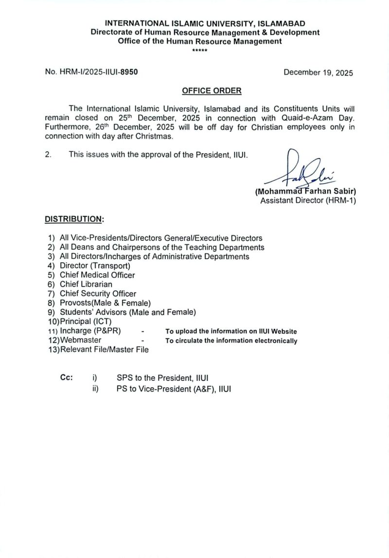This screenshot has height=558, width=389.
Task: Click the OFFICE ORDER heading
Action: point(212,90)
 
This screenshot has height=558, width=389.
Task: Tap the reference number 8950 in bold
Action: point(129,72)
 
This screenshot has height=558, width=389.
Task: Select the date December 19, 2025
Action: point(318,72)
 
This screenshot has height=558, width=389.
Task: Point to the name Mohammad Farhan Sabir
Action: point(305,192)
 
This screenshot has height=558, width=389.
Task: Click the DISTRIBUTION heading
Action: point(74,219)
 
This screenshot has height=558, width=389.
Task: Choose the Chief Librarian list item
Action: point(86,284)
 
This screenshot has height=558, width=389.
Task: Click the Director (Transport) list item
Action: point(95,266)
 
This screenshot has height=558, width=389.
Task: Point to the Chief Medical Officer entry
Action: point(97,275)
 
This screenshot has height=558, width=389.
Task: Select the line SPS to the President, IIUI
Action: point(162,378)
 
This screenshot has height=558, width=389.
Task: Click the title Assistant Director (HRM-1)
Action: point(308,200)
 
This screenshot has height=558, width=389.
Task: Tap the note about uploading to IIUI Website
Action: point(231,331)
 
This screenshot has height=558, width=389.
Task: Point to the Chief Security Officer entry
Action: point(98,293)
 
